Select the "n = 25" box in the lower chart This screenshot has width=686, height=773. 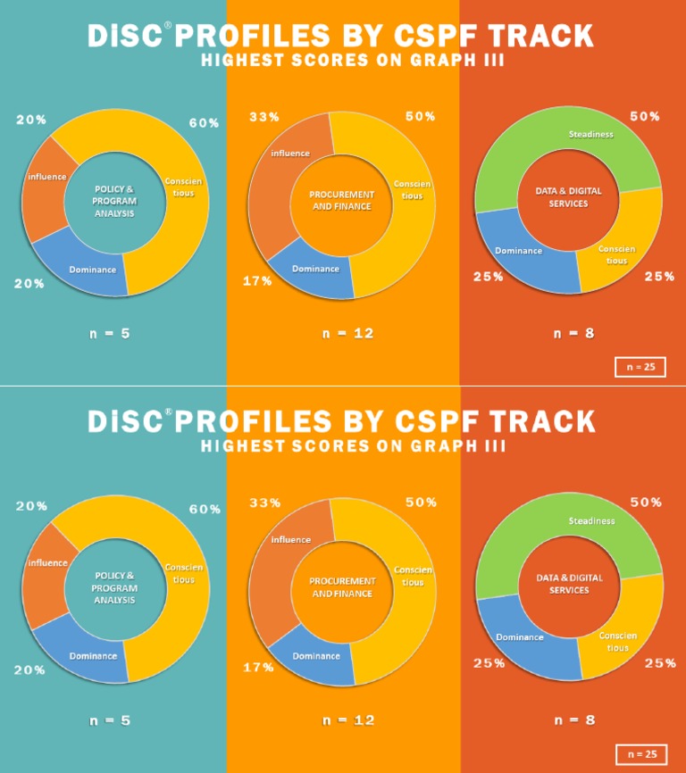640,754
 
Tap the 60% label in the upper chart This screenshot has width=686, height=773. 204,123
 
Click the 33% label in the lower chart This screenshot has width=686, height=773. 264,503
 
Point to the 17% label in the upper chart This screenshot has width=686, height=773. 257,282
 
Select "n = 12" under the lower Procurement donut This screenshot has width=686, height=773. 347,720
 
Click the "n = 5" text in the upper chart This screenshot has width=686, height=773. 110,334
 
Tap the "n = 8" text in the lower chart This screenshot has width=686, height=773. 573,720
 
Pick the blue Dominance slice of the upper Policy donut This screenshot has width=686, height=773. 94,264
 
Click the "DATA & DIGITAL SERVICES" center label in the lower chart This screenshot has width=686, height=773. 569,584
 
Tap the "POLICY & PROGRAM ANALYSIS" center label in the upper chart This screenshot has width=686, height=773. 113,201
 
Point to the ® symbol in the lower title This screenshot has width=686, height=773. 168,411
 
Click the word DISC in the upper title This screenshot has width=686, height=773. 125,36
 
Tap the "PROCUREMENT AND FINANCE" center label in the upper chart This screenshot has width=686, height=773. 340,200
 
